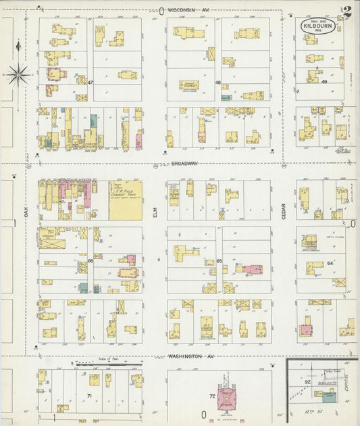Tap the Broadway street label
pos(184,164)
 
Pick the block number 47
pos(89,82)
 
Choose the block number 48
pos(218,82)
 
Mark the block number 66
pos(90,260)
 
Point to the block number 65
pos(219,260)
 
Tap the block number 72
pos(212,395)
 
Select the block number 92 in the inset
pos(307,383)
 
